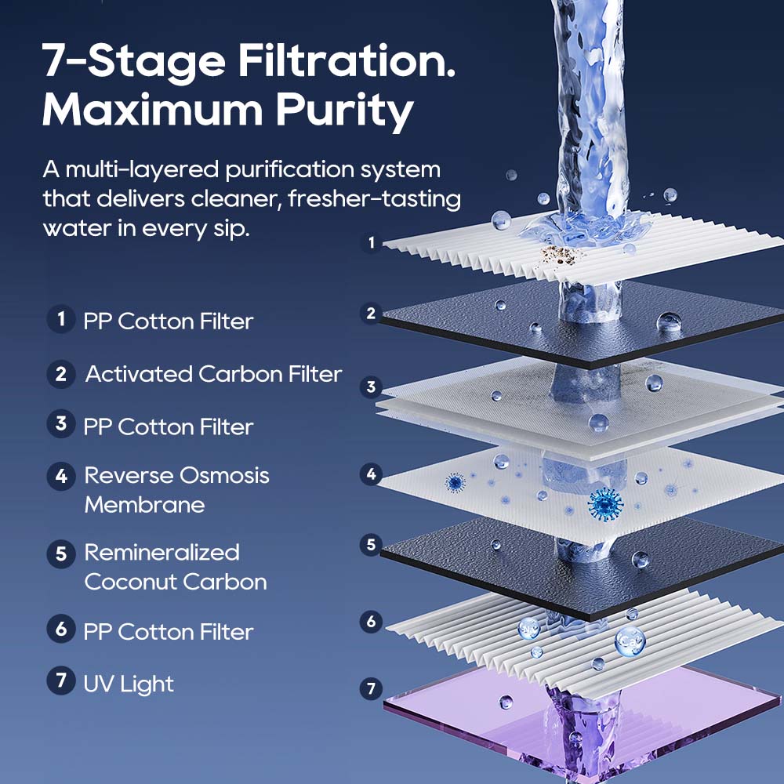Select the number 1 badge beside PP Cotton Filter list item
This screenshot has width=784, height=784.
click(60, 320)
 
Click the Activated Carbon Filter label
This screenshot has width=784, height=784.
click(213, 374)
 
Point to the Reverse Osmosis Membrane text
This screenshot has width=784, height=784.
click(176, 490)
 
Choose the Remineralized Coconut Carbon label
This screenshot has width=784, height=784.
click(176, 567)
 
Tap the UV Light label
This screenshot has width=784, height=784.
click(129, 684)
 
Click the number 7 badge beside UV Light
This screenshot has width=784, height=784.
click(60, 681)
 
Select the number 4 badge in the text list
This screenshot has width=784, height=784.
click(60, 476)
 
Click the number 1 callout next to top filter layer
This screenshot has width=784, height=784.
click(372, 243)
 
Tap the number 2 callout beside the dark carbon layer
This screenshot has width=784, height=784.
click(372, 314)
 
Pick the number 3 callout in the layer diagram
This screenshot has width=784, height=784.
click(372, 387)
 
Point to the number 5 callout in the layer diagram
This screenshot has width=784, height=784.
click(372, 544)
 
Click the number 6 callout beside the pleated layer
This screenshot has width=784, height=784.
click(372, 622)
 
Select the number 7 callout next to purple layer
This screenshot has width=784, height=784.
click(372, 689)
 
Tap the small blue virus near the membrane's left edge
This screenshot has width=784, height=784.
click(455, 482)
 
